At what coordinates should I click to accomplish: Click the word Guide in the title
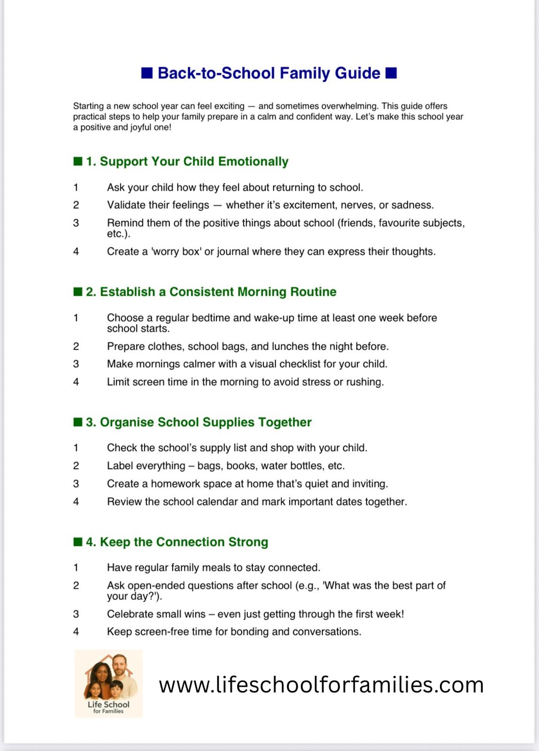[357, 73]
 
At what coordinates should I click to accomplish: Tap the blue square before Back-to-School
[147, 73]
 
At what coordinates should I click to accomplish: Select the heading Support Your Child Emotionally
[194, 161]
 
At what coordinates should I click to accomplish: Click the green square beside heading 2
[78, 291]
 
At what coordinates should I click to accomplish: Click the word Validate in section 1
[126, 205]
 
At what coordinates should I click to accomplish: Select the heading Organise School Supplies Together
[206, 422]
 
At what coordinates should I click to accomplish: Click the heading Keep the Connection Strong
[184, 542]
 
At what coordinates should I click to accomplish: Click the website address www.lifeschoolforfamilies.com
[321, 685]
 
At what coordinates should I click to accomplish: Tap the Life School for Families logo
[108, 683]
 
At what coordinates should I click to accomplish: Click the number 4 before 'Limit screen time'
[76, 382]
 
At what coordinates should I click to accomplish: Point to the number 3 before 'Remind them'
[76, 223]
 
